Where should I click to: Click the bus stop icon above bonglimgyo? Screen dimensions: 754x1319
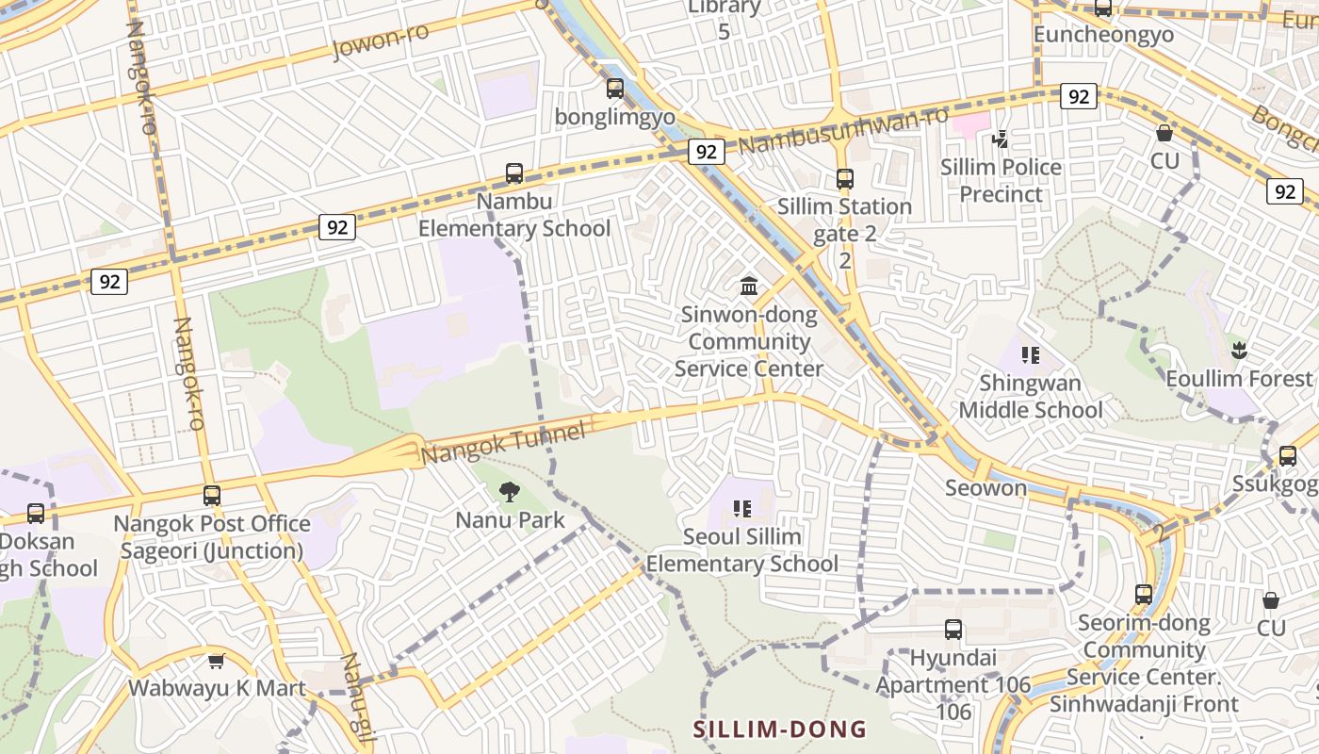(615, 89)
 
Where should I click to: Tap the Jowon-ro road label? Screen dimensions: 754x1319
(381, 41)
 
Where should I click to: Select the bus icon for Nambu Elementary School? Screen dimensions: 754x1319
(513, 173)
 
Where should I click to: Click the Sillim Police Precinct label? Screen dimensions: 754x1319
(1001, 181)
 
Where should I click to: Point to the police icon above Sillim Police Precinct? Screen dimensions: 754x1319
(1001, 139)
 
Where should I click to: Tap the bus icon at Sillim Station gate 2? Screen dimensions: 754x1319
(844, 178)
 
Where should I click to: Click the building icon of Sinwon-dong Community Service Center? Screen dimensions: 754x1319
(749, 286)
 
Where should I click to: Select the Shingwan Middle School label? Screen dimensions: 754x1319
(1030, 397)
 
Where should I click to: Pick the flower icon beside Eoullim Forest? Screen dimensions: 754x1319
(1239, 352)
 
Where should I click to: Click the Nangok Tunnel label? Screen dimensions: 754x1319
(503, 442)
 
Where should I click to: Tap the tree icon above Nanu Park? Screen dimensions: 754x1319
(509, 491)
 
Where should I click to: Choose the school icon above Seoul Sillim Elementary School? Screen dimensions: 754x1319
(742, 509)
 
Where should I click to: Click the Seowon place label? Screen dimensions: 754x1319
(985, 488)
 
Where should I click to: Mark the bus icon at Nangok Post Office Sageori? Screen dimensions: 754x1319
(212, 495)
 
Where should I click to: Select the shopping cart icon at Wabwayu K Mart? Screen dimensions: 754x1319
(217, 661)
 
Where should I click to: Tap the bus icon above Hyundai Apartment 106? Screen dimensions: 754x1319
(953, 630)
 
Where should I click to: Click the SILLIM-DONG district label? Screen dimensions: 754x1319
(780, 729)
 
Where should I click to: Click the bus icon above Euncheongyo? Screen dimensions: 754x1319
(1102, 8)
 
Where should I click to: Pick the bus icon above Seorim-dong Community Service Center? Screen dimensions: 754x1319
(1144, 595)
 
